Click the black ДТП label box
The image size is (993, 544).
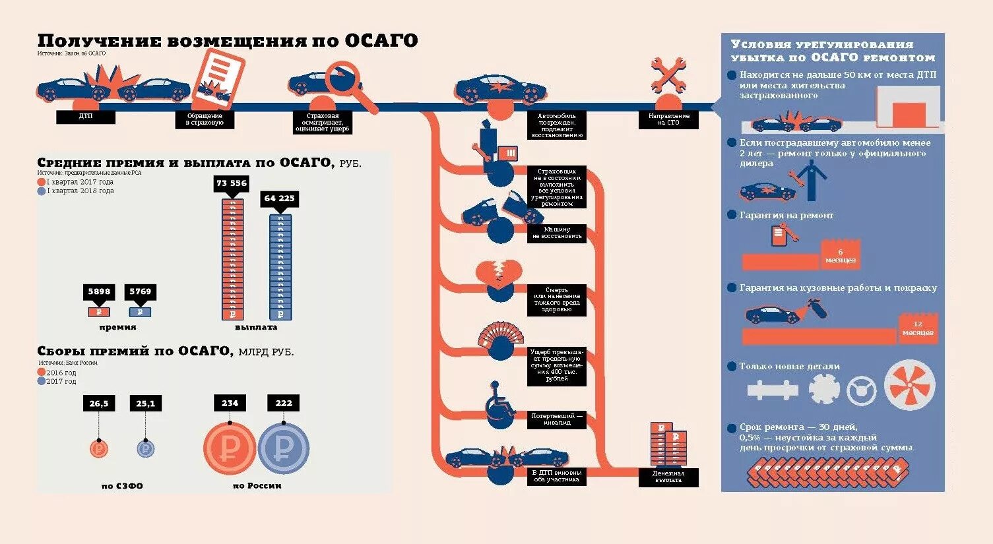coord(86,117)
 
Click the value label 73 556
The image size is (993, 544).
coord(232,183)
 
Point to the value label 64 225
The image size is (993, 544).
coord(280,198)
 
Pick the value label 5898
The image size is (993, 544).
coord(99,291)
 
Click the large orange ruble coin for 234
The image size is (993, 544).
coord(229,448)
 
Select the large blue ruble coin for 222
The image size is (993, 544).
coord(283,448)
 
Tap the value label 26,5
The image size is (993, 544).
coord(99,404)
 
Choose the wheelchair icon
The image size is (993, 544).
coord(500,404)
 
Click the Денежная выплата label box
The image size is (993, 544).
coord(668,477)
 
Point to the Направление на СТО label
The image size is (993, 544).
coord(668,119)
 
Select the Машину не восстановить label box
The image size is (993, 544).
coord(557,233)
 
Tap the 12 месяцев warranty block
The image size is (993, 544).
coord(918,328)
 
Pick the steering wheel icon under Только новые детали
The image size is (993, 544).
coord(861,390)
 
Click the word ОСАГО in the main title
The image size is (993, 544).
coord(381,41)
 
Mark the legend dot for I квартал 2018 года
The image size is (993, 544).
coord(42,191)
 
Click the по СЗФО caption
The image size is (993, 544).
coord(122,486)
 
